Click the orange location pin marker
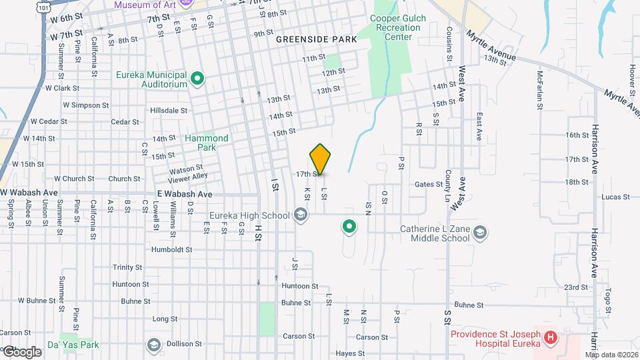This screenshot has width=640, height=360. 321,159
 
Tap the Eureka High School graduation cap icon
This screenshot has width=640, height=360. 301,215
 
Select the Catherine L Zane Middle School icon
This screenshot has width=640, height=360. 481,233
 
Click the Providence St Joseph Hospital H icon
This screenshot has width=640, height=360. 550,337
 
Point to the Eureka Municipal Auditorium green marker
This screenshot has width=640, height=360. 197,79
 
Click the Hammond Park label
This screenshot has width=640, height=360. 207,143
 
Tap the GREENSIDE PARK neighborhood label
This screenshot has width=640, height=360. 317,39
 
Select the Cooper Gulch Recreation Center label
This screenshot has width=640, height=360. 398,28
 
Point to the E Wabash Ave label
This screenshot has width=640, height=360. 185,193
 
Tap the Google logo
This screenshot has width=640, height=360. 22,351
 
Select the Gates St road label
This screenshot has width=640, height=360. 429,185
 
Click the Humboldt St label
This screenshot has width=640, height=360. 171,250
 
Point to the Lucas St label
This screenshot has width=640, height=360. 615,197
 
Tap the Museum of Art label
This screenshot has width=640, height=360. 144,5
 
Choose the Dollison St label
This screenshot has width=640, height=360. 185,344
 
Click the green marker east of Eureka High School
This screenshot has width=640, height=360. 349,227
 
